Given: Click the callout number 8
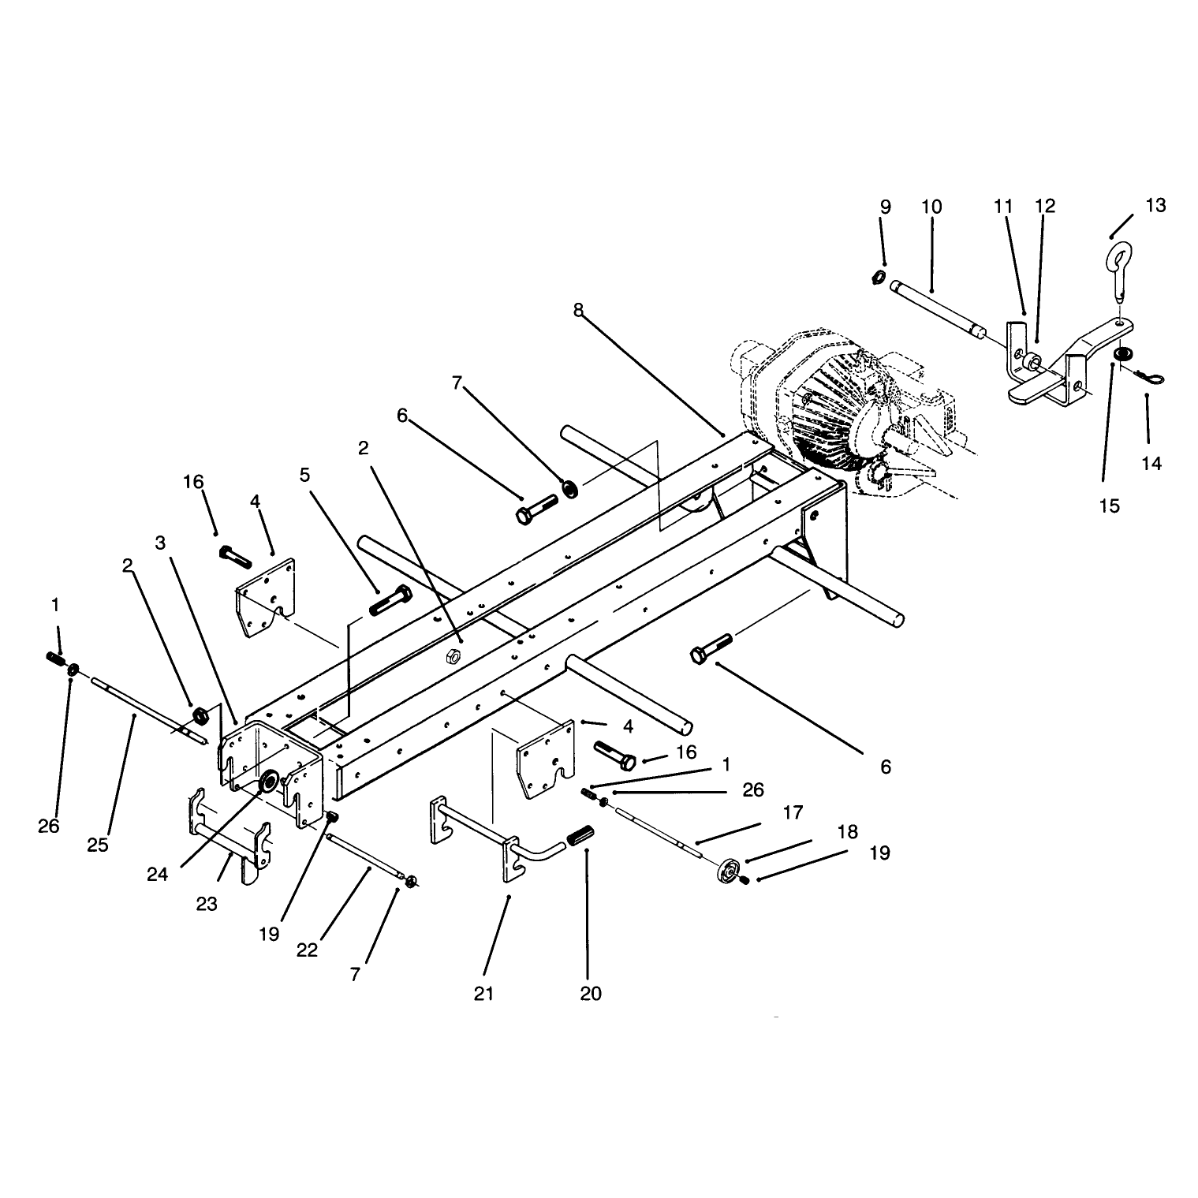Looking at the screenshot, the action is tap(579, 310).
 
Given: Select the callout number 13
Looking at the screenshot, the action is tap(1155, 206).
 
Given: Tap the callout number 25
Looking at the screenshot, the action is tap(98, 845).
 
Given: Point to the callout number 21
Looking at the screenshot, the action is tap(483, 993).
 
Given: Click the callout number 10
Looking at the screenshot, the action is tap(931, 207).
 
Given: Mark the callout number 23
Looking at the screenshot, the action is tap(207, 905).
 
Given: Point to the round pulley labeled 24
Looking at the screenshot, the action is tap(268, 782).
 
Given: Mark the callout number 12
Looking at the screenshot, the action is tap(1045, 206).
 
